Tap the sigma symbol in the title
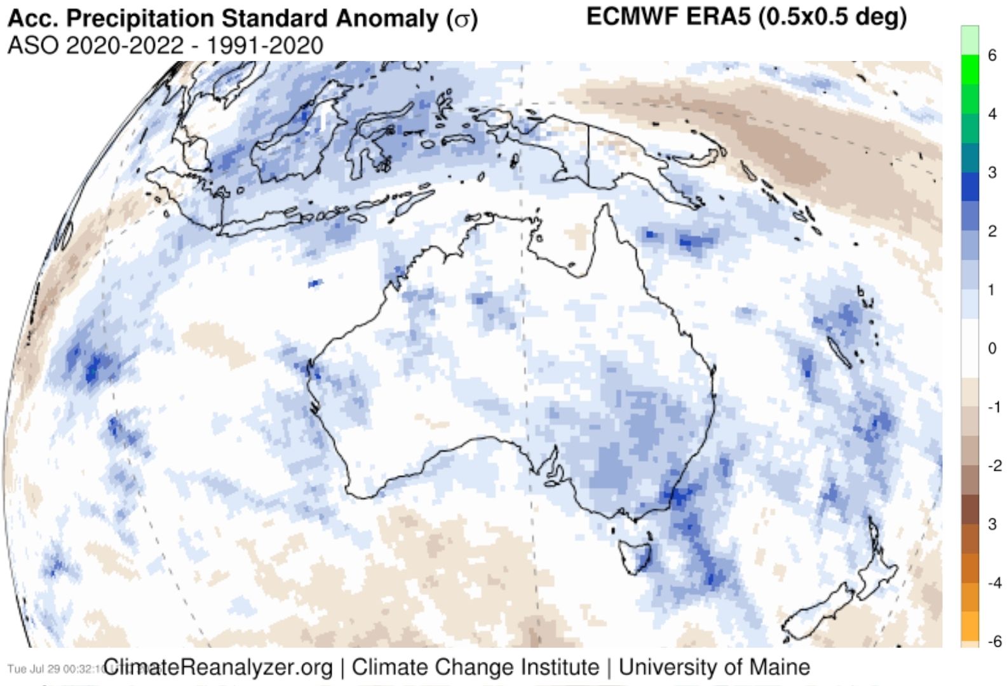point(461,20)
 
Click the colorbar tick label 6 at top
point(992,55)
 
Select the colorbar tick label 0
point(992,348)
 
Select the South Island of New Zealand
point(820,610)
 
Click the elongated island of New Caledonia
point(839,351)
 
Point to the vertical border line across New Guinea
point(588,156)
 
